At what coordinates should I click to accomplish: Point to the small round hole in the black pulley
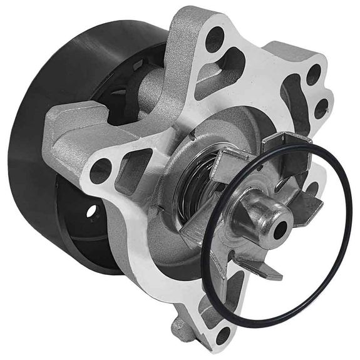click(92, 212)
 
